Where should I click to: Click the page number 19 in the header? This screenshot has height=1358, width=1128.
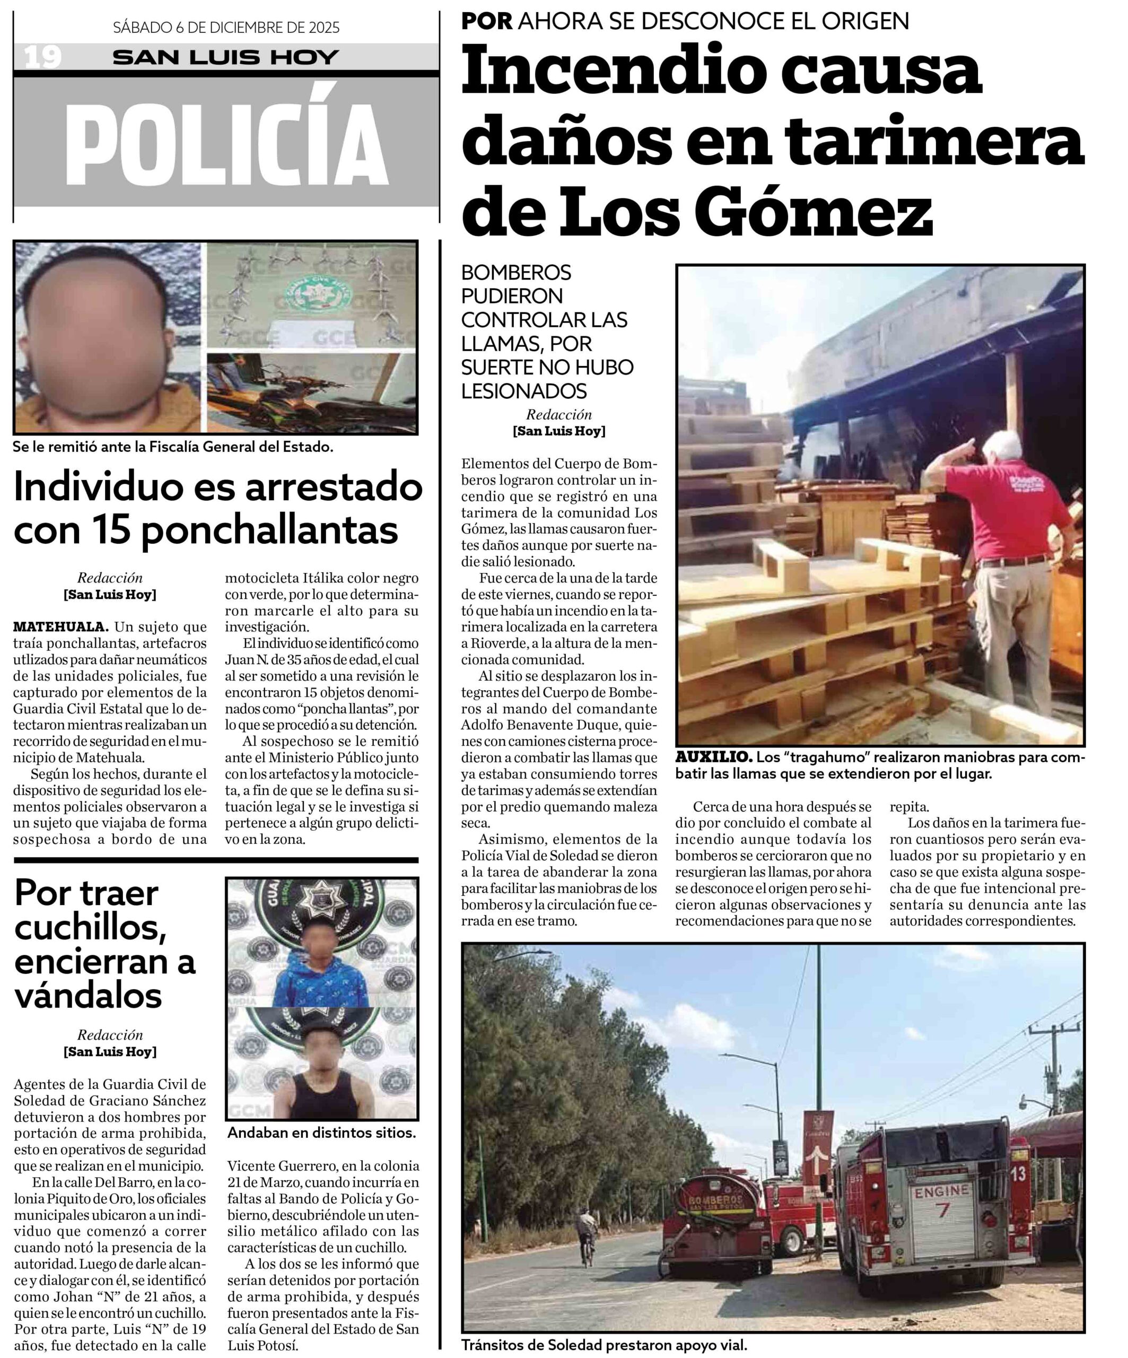[x=42, y=57]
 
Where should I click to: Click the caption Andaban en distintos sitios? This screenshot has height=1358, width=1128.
[x=321, y=1133]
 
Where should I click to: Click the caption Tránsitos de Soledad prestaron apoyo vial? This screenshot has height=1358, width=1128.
[x=604, y=1345]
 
